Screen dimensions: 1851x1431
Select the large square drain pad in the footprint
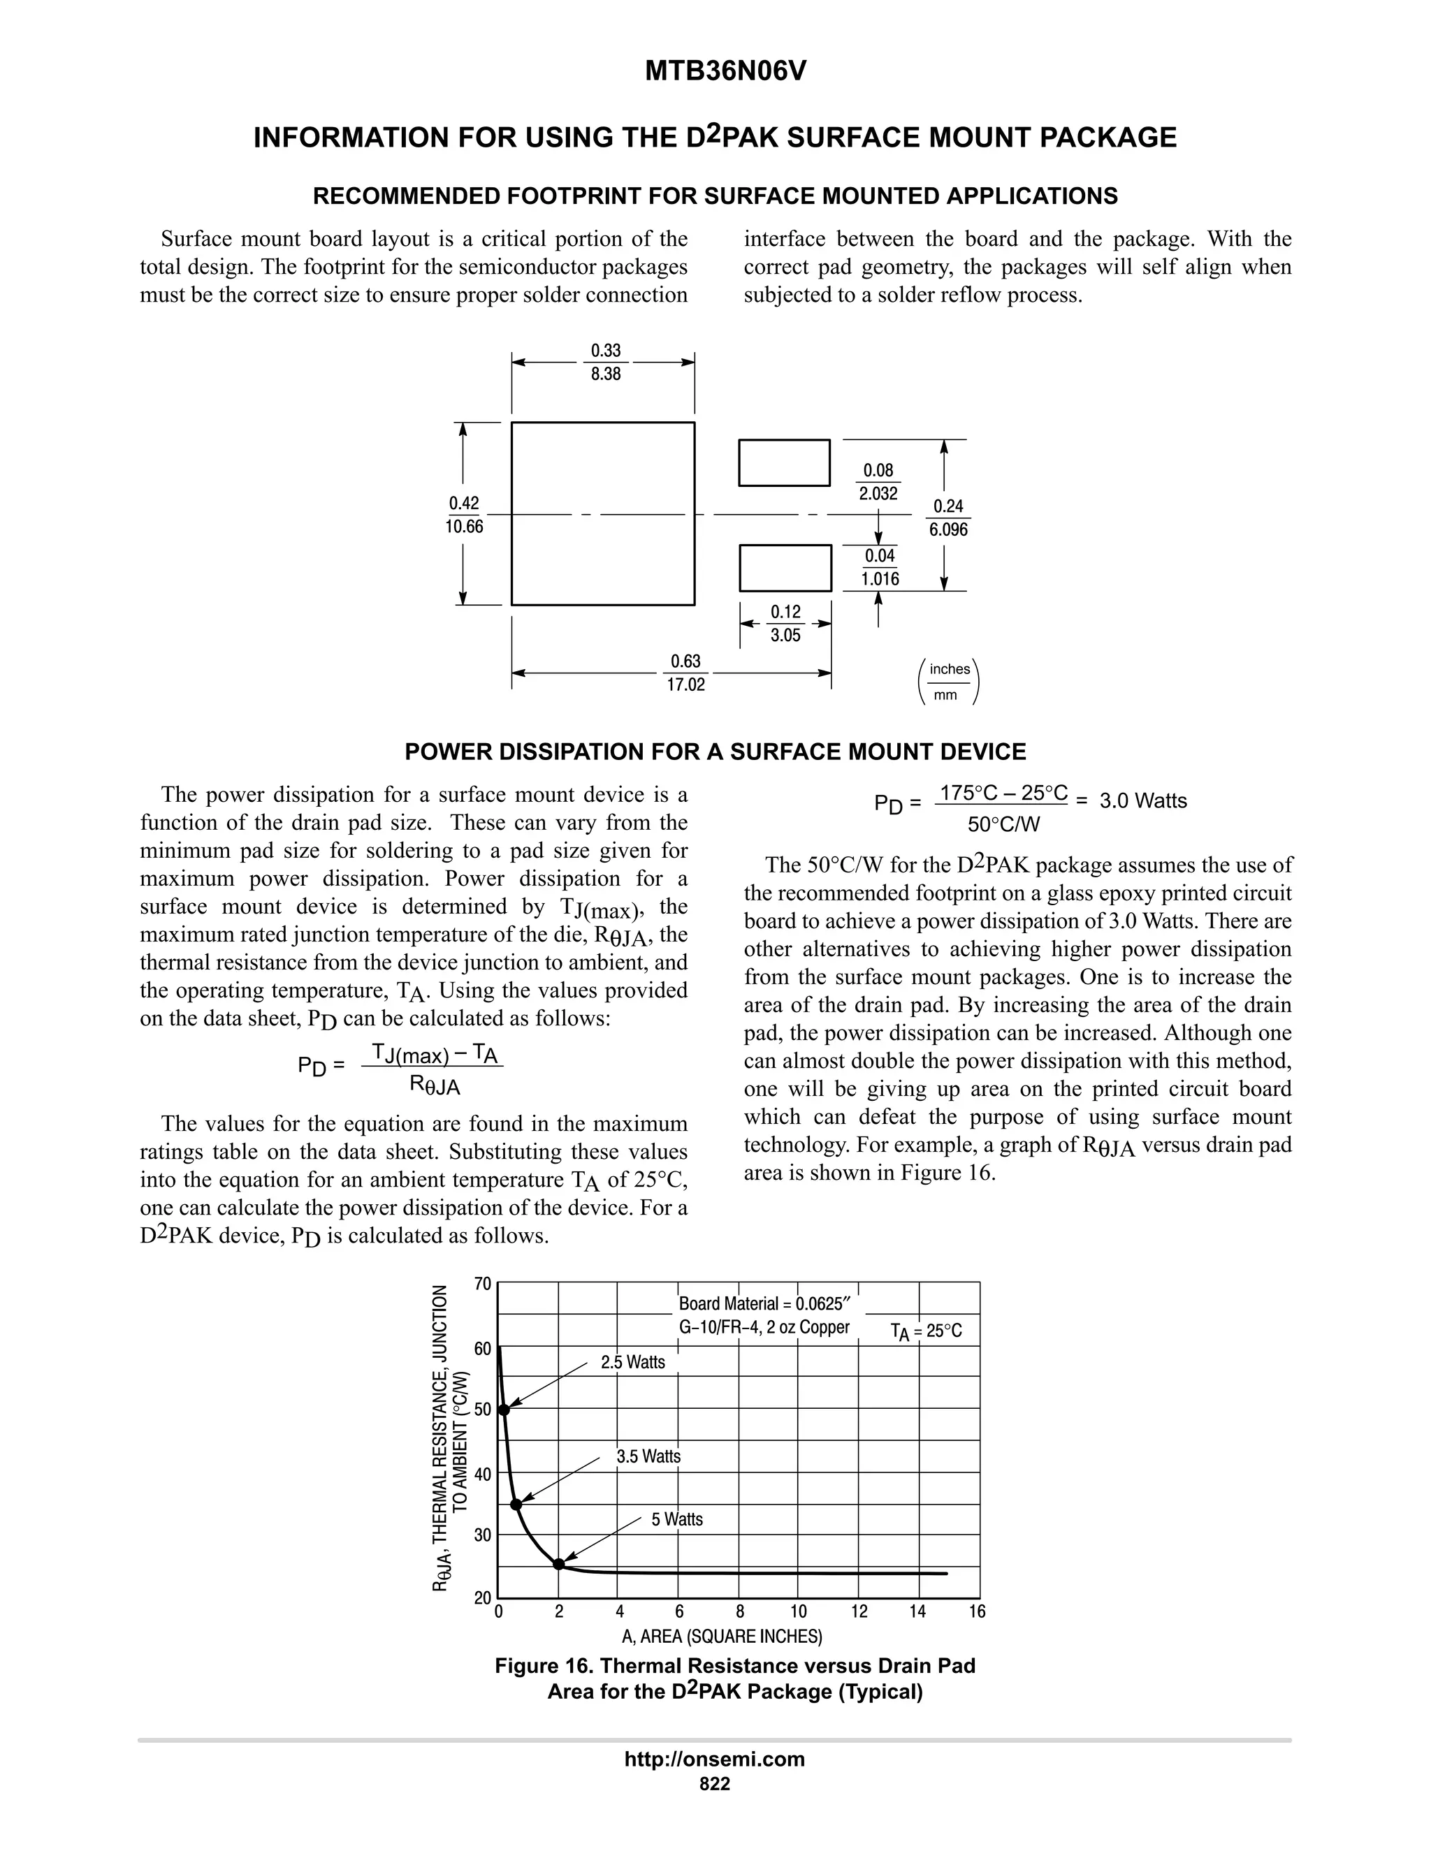(603, 513)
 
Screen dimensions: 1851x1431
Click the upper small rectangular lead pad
(784, 462)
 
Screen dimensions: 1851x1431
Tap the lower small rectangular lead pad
(785, 568)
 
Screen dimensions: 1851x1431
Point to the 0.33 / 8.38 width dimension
(605, 362)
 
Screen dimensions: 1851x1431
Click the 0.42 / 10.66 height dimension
(464, 515)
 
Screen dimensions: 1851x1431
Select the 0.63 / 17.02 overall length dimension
(686, 673)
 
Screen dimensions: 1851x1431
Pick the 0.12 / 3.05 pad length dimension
(785, 624)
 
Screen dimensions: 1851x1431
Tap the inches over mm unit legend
(950, 682)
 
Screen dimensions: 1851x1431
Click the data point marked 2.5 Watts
(504, 1410)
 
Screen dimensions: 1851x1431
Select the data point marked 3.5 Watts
(516, 1505)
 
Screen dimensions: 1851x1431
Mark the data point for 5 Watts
(559, 1564)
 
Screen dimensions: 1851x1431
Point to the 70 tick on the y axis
(482, 1283)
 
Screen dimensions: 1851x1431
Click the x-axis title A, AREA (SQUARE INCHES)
(722, 1636)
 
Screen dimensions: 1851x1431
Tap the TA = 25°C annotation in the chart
(926, 1331)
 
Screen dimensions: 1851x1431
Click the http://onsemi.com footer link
(715, 1759)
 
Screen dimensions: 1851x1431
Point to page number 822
(715, 1784)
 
